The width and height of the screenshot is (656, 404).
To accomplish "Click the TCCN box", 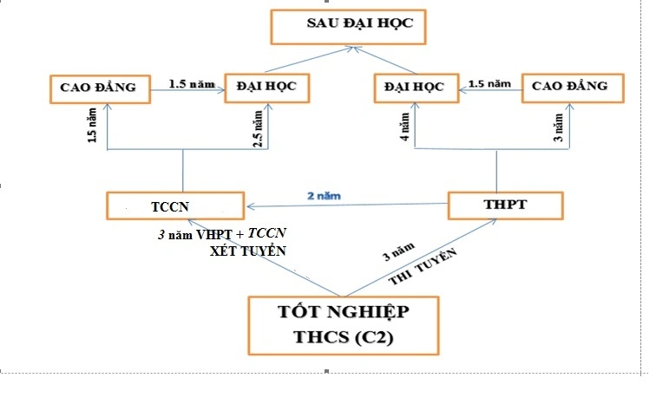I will point(174,206).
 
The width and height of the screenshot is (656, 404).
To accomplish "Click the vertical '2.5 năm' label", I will point(258,129).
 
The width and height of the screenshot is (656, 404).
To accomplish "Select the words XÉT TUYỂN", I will point(248,251).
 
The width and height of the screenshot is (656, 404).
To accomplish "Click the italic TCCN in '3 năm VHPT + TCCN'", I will point(267,233).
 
